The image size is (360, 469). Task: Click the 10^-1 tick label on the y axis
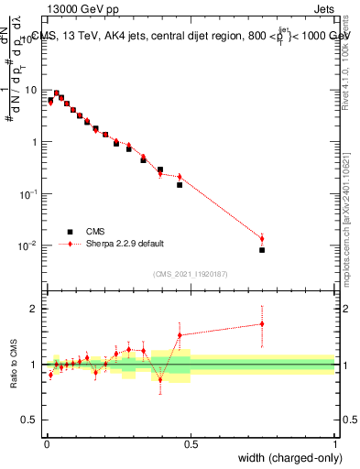tap(29, 194)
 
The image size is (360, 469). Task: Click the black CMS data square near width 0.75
tap(262, 250)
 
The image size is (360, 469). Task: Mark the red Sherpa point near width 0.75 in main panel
tap(262, 239)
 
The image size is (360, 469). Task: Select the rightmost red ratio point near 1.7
tap(262, 323)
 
